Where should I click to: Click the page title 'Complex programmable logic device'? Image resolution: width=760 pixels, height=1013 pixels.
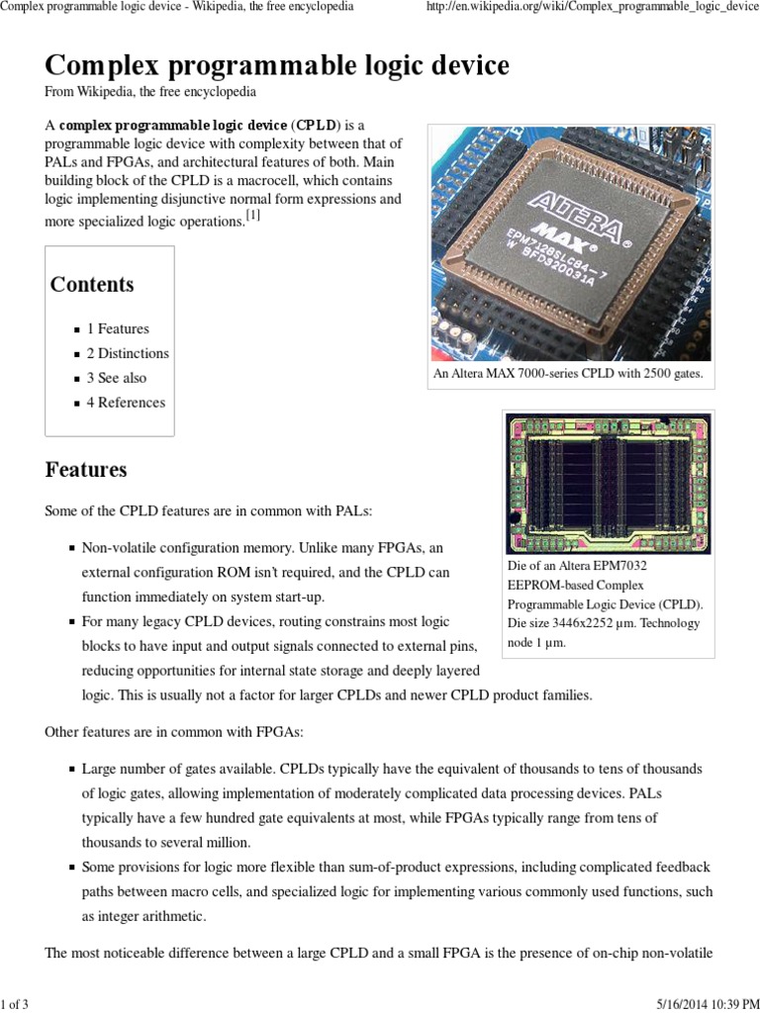point(277,66)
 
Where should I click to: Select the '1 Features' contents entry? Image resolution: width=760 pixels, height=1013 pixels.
point(118,328)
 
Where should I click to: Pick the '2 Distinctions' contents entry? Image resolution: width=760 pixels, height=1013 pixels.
point(128,353)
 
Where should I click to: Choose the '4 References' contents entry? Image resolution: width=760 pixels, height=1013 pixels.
point(126,403)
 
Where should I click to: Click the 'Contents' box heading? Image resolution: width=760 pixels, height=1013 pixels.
point(92,285)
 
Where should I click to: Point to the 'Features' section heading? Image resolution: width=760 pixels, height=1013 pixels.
point(86,470)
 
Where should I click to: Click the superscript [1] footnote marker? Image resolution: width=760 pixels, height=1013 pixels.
point(253,217)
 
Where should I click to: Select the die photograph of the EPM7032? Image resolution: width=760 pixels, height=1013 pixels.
point(608,483)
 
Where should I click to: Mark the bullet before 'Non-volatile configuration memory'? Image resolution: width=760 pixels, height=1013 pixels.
point(72,548)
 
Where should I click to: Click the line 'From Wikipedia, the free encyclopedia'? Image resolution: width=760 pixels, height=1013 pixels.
point(150,92)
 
